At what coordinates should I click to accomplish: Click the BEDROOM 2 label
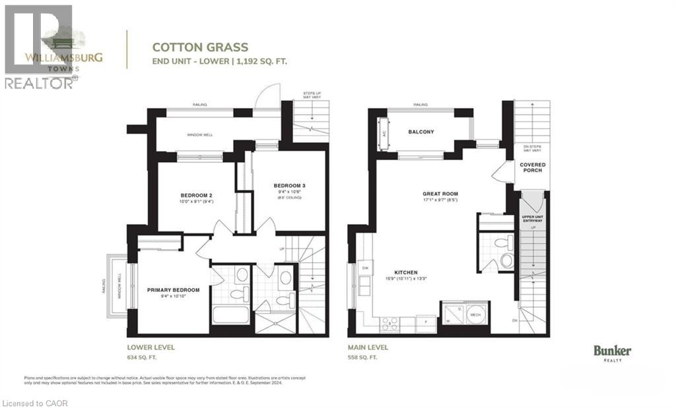point(195,195)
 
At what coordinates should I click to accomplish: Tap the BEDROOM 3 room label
point(289,185)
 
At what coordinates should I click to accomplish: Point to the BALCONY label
point(421,132)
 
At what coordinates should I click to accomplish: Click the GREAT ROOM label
point(440,194)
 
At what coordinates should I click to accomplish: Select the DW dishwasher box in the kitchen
point(364,269)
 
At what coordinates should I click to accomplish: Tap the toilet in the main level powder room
point(506,260)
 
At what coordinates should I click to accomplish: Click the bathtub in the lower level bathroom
point(230,314)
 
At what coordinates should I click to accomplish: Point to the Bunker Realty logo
point(612,353)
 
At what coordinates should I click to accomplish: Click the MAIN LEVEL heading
point(368,347)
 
